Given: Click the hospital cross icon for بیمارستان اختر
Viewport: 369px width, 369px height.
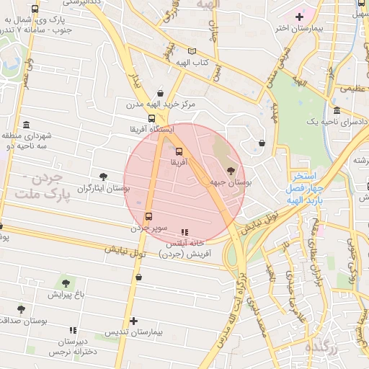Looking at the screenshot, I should (299, 16).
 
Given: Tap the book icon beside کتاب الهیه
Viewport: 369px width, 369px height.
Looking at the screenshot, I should (191, 50).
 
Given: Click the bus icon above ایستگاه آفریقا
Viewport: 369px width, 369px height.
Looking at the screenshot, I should (151, 118).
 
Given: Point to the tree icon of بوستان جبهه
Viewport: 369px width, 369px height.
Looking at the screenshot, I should (231, 171).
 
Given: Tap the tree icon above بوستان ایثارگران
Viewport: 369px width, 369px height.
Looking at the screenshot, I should (103, 176).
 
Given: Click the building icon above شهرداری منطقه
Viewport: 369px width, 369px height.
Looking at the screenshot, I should (27, 125).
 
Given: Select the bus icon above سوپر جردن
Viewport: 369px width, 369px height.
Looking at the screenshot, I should (149, 216).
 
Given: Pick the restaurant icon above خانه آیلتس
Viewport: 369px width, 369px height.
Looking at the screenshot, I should (184, 232).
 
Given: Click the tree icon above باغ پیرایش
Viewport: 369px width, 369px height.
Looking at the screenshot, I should (66, 283).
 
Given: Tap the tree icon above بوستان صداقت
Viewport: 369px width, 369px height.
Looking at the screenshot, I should (21, 309).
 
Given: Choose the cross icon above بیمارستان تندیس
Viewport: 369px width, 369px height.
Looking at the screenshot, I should (133, 321).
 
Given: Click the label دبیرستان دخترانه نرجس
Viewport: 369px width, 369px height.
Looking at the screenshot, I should (72, 346).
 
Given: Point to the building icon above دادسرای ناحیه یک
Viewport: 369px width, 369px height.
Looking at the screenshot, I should (337, 110).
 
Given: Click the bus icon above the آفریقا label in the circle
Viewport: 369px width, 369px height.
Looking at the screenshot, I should (178, 151).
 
